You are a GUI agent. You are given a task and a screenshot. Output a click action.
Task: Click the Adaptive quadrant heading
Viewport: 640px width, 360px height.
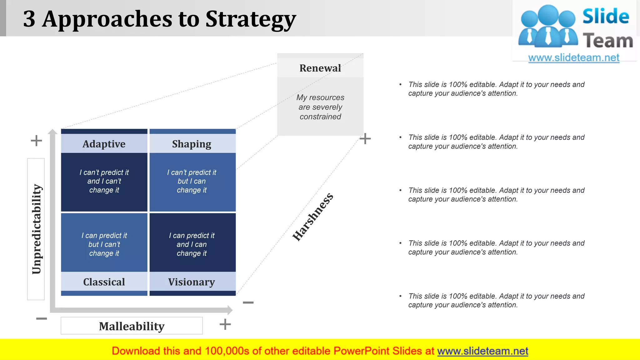104,144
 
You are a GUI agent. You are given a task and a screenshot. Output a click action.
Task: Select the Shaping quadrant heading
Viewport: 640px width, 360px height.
192,144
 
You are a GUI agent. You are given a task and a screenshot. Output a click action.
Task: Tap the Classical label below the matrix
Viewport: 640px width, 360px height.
104,282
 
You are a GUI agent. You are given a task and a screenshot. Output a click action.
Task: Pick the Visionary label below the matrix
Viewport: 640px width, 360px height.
192,282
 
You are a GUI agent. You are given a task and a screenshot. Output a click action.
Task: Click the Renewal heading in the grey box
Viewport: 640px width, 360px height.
320,68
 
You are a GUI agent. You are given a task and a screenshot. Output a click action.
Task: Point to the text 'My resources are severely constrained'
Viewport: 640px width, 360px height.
320,107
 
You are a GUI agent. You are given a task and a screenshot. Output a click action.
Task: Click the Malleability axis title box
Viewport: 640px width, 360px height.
132,326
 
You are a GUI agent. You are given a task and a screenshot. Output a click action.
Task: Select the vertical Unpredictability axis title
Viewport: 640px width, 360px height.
36,229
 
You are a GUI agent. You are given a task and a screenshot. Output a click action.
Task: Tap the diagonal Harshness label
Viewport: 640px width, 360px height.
313,217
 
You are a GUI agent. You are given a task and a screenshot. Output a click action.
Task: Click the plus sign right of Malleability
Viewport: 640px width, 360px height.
225,324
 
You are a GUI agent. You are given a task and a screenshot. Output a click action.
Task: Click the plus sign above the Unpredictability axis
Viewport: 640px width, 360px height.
36,141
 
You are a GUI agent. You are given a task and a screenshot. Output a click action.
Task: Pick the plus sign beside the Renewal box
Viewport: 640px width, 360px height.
365,138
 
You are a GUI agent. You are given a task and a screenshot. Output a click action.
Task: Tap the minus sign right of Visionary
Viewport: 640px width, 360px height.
248,302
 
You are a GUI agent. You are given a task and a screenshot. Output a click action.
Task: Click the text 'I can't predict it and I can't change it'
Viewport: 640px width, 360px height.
104,181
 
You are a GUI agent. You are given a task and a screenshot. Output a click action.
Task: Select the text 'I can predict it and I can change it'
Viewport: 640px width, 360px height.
192,244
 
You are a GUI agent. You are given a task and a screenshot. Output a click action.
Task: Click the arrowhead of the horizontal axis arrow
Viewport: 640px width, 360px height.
230,310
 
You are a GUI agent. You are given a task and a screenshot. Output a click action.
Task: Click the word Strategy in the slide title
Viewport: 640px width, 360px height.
251,19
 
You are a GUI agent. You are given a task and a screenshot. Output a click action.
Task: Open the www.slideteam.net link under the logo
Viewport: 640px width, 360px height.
573,58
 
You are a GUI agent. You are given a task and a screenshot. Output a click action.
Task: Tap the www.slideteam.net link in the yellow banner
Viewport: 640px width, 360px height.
482,351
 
